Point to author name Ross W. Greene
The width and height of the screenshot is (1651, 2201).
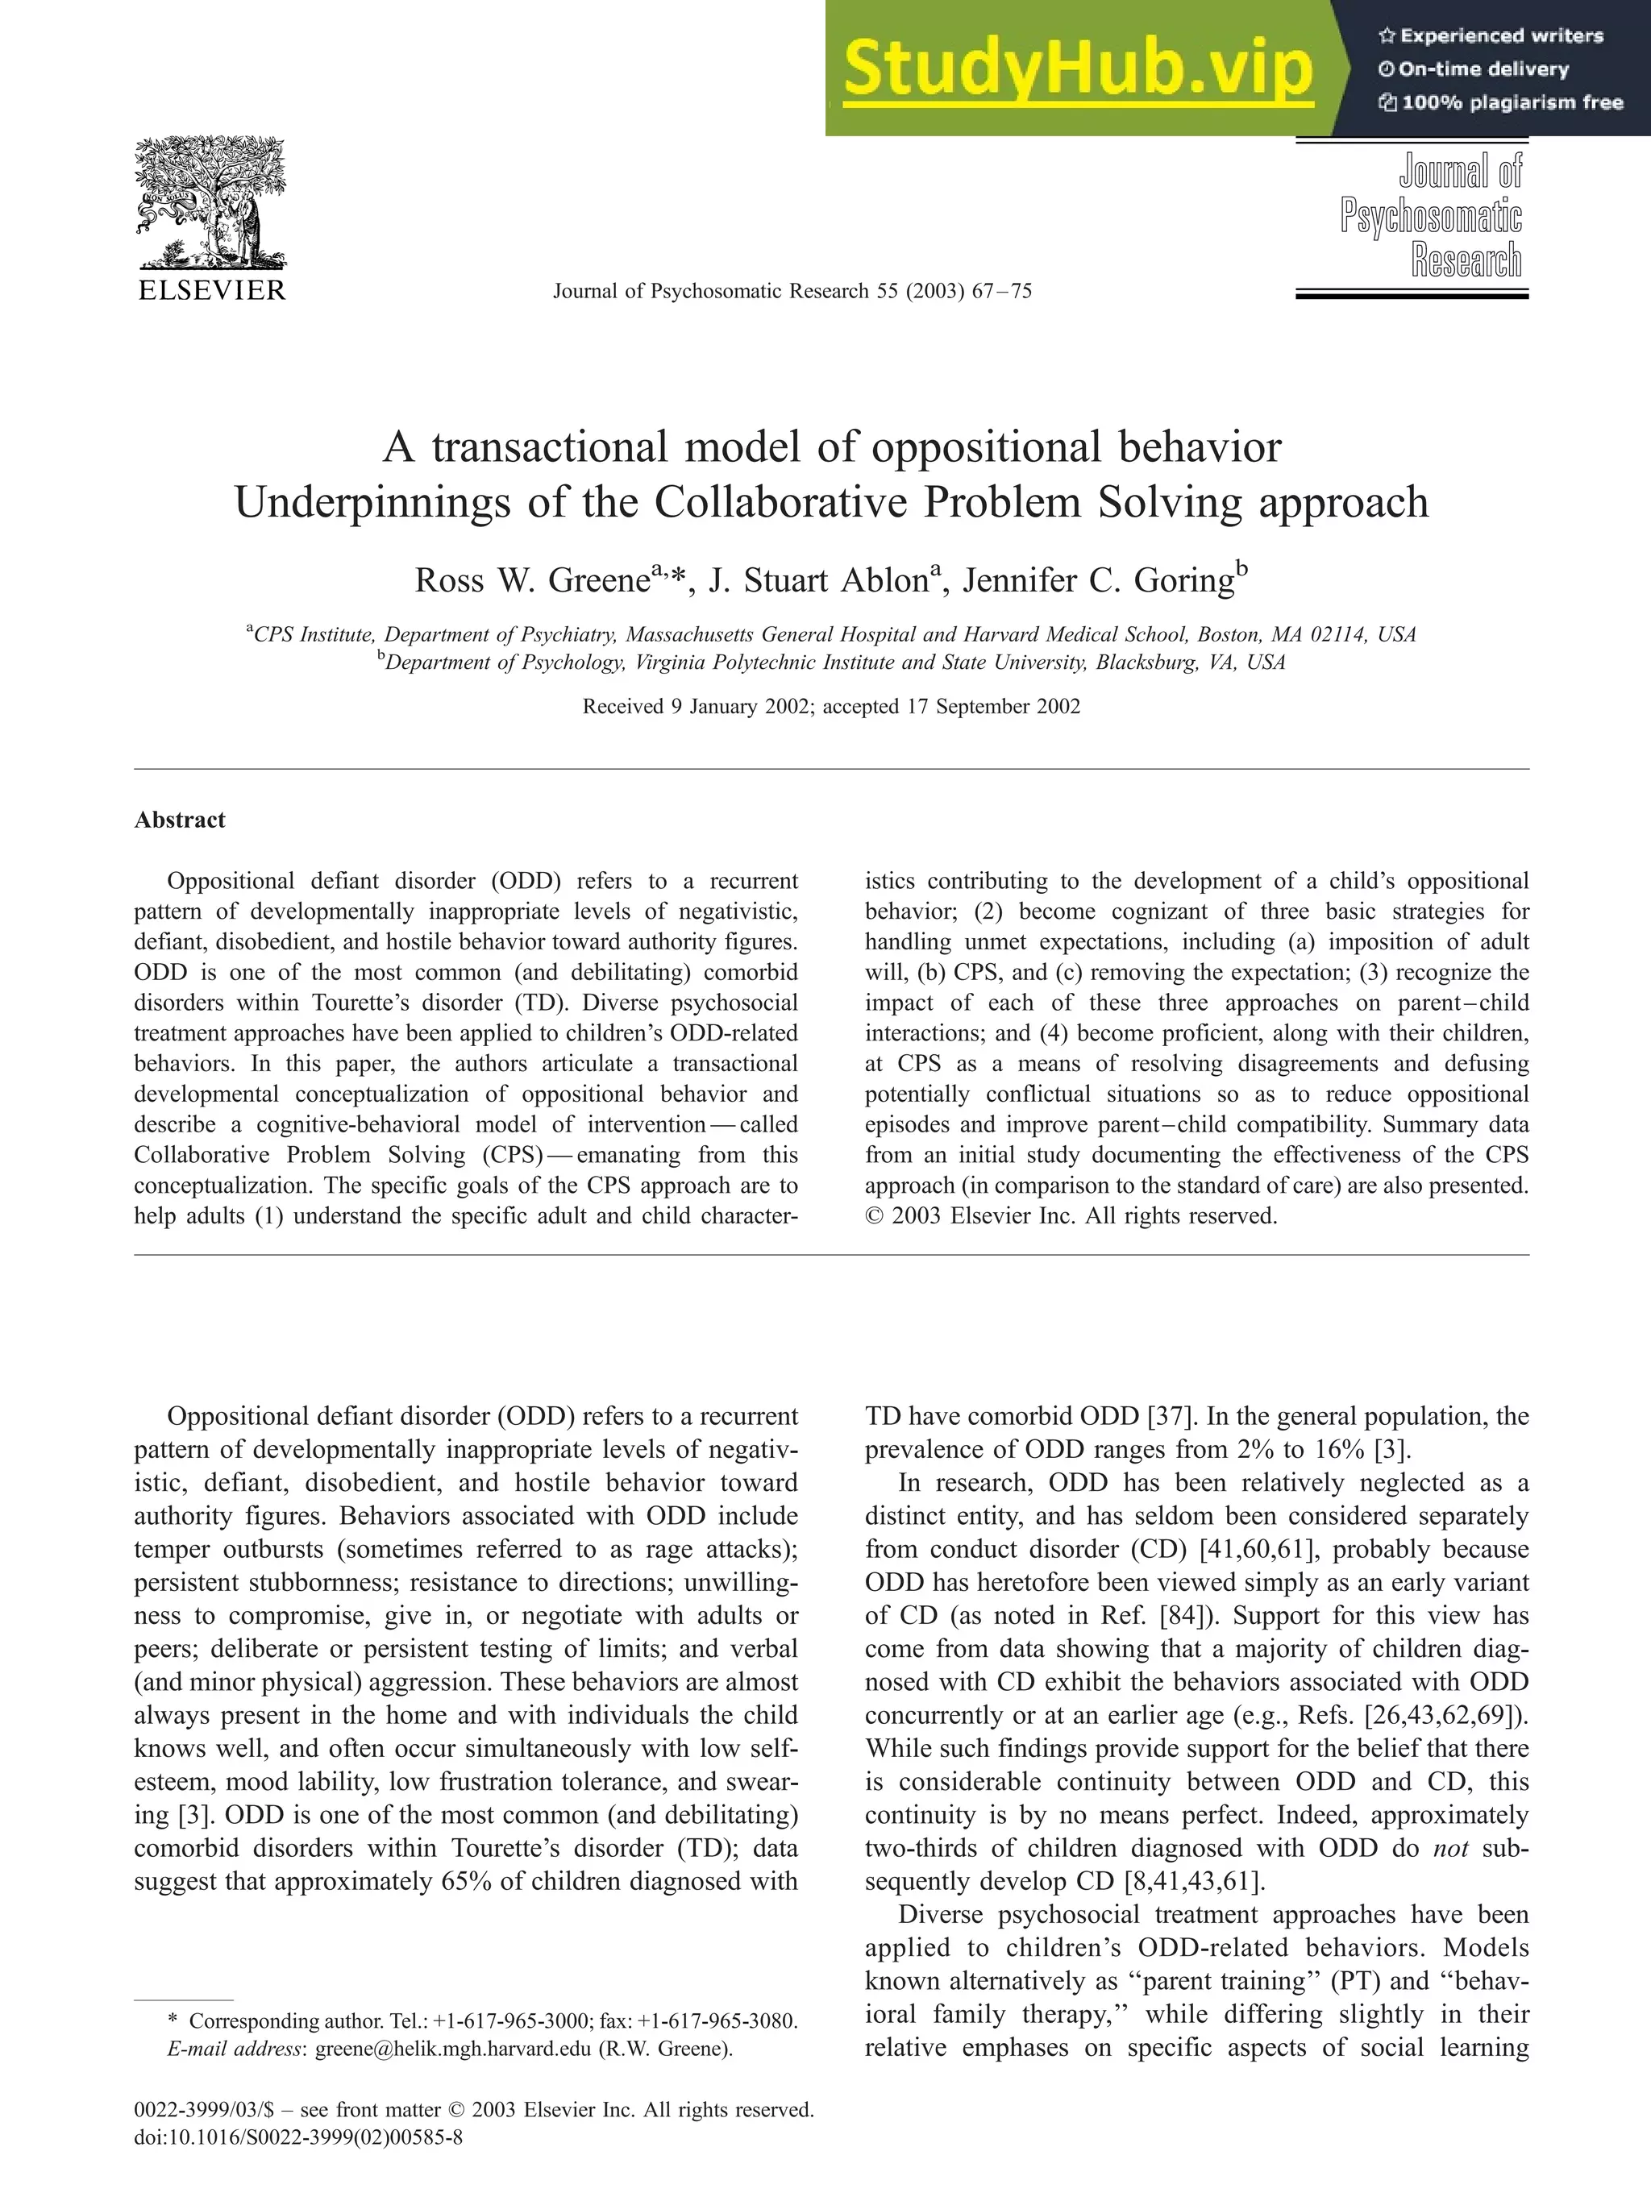[x=531, y=581]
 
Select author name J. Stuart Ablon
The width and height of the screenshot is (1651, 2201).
[x=818, y=581]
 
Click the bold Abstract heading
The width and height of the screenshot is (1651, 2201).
[x=180, y=820]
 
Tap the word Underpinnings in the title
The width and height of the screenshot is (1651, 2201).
[x=374, y=502]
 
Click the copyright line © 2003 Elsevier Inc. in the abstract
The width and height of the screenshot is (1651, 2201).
[x=1070, y=1216]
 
